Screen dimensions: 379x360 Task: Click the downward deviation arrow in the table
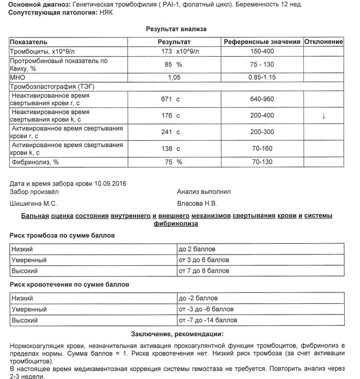coord(323,116)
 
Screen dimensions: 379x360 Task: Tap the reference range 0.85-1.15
coord(262,77)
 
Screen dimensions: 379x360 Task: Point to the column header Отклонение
coord(324,42)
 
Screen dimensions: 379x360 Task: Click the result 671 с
coord(172,99)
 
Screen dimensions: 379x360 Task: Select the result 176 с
coord(172,116)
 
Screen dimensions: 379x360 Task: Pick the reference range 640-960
coord(262,99)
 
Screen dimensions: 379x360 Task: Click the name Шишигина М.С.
coord(33,203)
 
